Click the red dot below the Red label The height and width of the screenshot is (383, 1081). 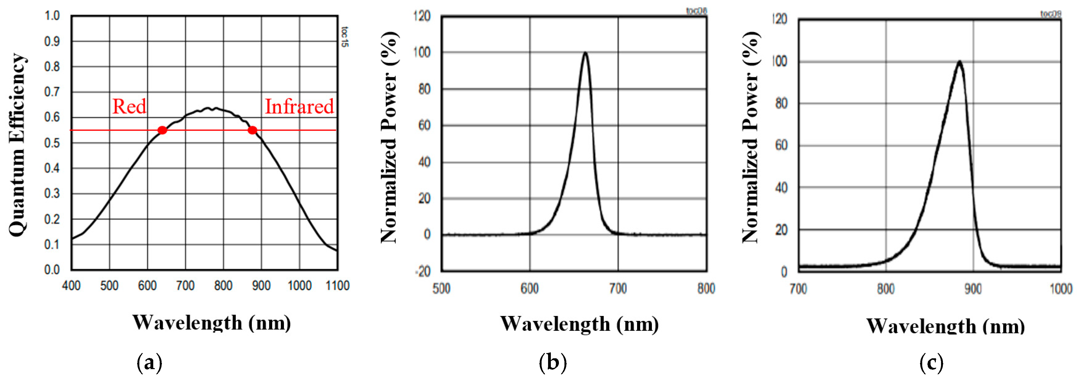coord(163,130)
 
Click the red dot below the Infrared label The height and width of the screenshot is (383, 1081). coord(252,130)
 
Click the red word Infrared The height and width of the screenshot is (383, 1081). coord(299,106)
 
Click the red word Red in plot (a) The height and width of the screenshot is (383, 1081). coord(129,106)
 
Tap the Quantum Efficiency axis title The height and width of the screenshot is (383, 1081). coord(17,145)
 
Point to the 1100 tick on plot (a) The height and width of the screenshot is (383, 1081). coord(337,286)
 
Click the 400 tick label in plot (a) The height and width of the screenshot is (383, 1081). coord(71,286)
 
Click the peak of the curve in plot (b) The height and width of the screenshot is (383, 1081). coord(585,53)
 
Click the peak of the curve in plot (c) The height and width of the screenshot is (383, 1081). coord(959,62)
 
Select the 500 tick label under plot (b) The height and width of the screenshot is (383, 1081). coord(441,288)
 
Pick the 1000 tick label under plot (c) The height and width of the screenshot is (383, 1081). coord(1060,289)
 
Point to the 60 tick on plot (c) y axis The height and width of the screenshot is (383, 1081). coord(781,145)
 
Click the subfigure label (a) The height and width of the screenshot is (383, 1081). coord(150,362)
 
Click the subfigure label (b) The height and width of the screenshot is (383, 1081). coord(553,362)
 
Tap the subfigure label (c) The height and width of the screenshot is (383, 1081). coord(931,362)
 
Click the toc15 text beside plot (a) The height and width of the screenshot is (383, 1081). coord(344,37)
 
